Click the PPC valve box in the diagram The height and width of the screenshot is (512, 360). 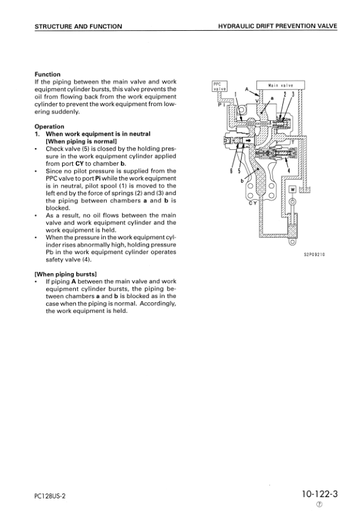point(219,86)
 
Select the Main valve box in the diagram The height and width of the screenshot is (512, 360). point(280,85)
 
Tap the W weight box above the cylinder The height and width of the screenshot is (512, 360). point(292,190)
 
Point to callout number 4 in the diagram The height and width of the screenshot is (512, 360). point(288,170)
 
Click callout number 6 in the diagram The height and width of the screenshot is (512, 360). point(231,170)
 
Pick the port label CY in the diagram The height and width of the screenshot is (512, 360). point(253,203)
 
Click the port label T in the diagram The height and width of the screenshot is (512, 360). point(292,142)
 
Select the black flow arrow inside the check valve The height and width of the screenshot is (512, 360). point(248,141)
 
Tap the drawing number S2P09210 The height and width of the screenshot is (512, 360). point(314,255)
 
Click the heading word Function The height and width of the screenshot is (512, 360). point(47,75)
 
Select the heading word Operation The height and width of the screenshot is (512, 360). point(49,126)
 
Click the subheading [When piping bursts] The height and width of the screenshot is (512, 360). point(65,275)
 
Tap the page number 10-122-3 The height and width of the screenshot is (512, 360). point(319,494)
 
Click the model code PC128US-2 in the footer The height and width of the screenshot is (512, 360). point(50,496)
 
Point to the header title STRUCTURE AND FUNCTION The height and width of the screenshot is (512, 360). point(78,27)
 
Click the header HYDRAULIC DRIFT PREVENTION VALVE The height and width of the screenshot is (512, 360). point(277,26)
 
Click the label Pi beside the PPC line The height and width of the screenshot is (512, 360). point(221,105)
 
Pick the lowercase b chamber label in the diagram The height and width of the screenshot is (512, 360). point(242,181)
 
